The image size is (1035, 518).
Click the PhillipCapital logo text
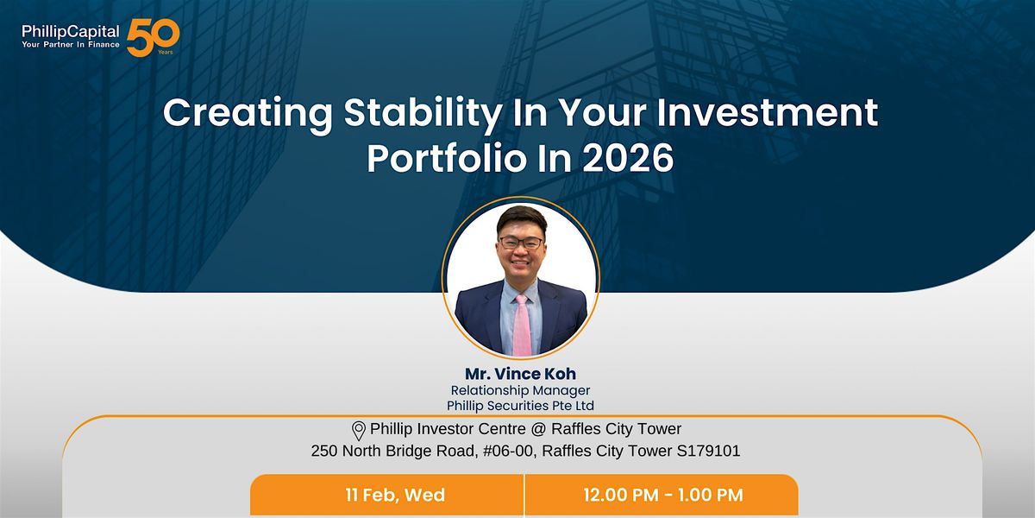point(70,31)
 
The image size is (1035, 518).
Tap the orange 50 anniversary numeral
point(153,37)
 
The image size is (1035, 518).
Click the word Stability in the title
point(423,114)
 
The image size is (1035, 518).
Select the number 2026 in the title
point(628,158)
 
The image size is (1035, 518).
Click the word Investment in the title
point(767,112)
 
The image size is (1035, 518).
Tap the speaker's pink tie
point(522,325)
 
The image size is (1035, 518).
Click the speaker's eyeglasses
point(521,243)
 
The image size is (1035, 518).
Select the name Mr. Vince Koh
point(520,373)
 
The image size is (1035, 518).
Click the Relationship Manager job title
point(520,390)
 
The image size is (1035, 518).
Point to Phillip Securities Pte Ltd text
point(520,406)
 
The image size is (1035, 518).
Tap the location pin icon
point(359,431)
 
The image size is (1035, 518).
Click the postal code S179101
point(708,451)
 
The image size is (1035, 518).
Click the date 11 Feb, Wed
point(395,495)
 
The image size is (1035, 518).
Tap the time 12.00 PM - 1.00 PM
point(663,495)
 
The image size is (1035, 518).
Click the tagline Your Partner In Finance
point(70,45)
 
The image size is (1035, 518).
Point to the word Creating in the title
point(248,114)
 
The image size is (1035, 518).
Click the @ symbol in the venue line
point(538,429)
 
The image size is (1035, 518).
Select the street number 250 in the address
point(324,451)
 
